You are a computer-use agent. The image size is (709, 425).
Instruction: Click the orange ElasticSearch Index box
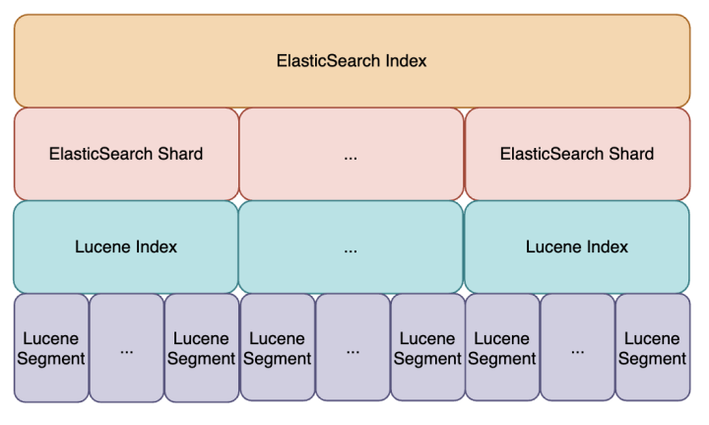[x=352, y=60]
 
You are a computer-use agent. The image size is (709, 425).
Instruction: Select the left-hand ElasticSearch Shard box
[x=126, y=154]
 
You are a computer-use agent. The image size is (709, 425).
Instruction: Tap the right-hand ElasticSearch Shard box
[x=576, y=154]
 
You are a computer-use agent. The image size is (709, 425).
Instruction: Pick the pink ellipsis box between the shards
[x=351, y=154]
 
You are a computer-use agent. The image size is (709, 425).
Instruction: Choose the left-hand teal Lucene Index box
[x=126, y=247]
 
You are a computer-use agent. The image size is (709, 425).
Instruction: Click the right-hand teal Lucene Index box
[x=576, y=247]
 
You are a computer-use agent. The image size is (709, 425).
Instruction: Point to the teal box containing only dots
[x=351, y=247]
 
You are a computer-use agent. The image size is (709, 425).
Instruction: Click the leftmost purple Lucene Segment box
[x=51, y=347]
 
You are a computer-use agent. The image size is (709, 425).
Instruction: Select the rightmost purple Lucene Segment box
[x=652, y=347]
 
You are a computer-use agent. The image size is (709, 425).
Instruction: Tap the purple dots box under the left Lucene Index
[x=126, y=347]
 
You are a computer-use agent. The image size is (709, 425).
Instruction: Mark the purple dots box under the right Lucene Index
[x=577, y=347]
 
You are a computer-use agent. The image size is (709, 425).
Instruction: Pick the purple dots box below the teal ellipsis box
[x=352, y=347]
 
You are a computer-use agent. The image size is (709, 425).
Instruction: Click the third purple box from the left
[x=201, y=347]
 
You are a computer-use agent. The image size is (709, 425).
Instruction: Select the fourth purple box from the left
[x=277, y=347]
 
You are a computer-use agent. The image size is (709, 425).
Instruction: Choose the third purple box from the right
[x=502, y=347]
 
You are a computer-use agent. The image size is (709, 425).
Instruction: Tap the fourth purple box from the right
[x=426, y=347]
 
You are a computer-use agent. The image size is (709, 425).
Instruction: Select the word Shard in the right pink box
[x=632, y=155]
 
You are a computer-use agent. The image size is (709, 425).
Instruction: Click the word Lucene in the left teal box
[x=101, y=247]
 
